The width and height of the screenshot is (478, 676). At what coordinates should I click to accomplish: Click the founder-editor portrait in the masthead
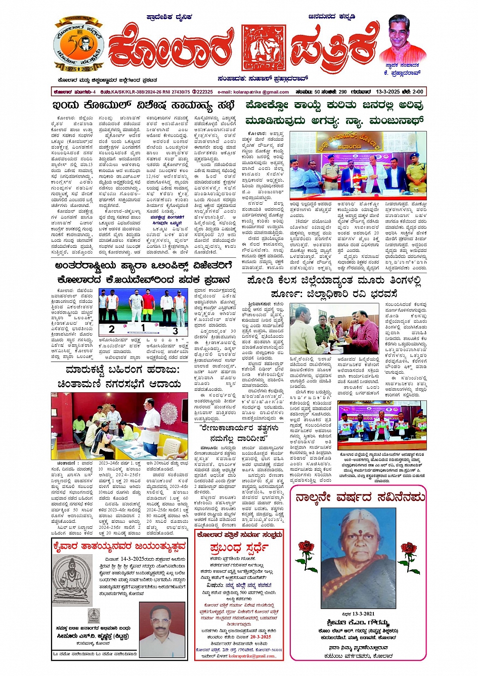click(403, 39)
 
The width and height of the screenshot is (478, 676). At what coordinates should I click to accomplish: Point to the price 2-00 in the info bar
click(417, 92)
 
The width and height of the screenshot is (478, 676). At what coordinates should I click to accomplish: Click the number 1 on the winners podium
click(143, 328)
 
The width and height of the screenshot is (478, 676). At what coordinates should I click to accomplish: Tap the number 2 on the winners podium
click(111, 329)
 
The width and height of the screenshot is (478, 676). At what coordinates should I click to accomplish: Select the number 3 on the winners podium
click(175, 331)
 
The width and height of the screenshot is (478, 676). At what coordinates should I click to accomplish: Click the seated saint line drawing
click(72, 580)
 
